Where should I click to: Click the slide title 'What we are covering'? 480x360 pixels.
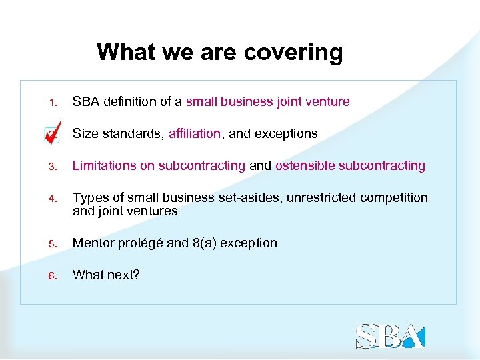coord(219,51)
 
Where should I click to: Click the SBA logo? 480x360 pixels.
coord(390,336)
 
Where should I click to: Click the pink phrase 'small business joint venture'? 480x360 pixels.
coord(267,102)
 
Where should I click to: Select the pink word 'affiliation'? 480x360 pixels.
coord(194,134)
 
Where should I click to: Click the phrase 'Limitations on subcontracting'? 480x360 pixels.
coord(159,166)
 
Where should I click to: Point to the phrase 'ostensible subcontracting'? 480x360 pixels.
coord(350,166)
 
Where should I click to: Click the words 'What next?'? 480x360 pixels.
coord(106,275)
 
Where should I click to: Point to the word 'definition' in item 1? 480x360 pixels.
coord(127,102)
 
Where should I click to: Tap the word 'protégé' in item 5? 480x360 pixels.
coord(141,243)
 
